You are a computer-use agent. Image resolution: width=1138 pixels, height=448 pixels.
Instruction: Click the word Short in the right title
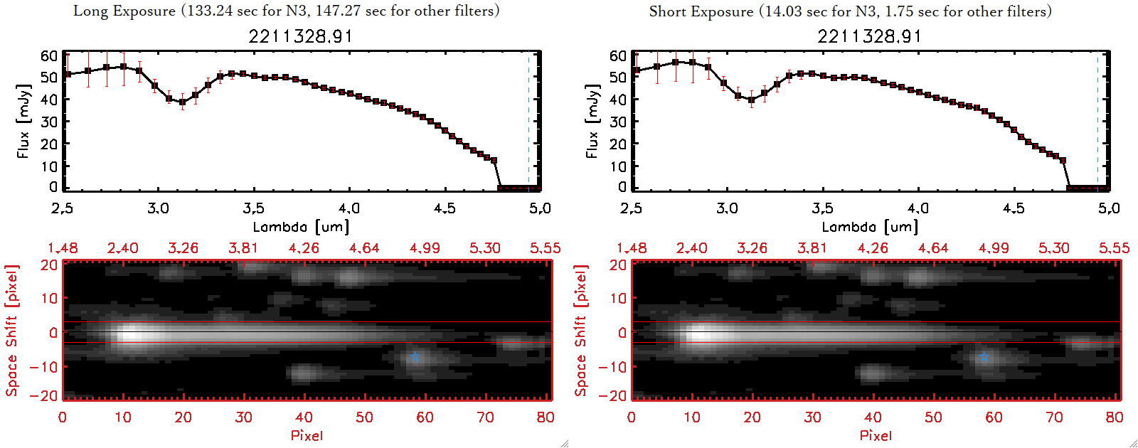(x=667, y=11)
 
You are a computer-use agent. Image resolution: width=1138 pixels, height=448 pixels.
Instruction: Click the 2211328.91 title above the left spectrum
(x=300, y=36)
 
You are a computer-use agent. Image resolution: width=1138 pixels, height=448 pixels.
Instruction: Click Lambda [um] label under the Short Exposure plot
(x=870, y=227)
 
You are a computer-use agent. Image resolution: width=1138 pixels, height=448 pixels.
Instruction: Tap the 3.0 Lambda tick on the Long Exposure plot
(x=158, y=208)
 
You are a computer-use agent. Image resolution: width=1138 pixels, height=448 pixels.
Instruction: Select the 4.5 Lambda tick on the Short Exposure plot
(x=1014, y=208)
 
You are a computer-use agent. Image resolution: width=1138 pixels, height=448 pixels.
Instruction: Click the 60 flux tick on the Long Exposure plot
(x=49, y=55)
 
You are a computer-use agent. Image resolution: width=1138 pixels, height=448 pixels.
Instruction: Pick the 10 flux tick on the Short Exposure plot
(x=618, y=166)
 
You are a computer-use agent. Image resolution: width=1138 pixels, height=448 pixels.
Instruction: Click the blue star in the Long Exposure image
(x=415, y=357)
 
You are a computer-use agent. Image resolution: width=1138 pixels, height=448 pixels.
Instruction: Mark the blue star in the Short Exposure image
(x=984, y=357)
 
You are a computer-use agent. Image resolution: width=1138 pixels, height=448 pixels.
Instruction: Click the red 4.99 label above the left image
(x=425, y=248)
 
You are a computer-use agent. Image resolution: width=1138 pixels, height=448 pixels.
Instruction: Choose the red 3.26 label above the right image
(x=752, y=248)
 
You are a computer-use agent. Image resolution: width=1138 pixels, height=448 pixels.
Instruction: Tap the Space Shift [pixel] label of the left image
(x=12, y=331)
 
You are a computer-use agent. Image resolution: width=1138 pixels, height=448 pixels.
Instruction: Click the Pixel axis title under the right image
(x=876, y=435)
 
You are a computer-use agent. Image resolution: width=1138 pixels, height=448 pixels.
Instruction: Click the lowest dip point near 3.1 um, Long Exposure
(x=182, y=102)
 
